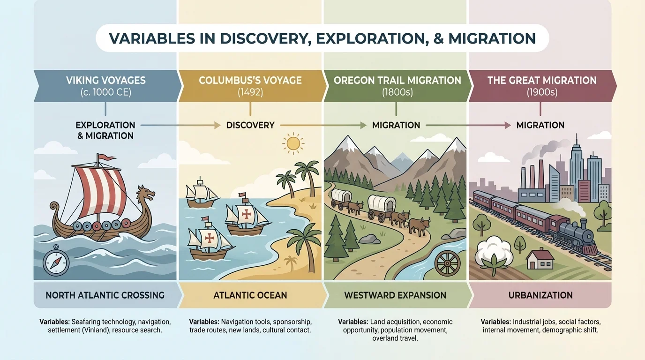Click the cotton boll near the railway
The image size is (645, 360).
click(x=490, y=252)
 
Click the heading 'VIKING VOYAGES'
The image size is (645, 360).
click(x=105, y=80)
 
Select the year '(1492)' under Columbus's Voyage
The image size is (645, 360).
click(x=250, y=92)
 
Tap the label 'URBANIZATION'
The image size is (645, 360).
click(x=540, y=295)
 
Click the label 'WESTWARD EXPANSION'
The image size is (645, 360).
click(x=395, y=295)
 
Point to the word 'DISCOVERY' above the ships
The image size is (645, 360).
click(x=250, y=125)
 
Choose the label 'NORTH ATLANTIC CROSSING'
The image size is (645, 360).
click(x=105, y=295)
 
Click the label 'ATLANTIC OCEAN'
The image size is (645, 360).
click(x=250, y=295)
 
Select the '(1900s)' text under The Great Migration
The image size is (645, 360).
click(x=541, y=92)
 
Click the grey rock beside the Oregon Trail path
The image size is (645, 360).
click(x=369, y=239)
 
